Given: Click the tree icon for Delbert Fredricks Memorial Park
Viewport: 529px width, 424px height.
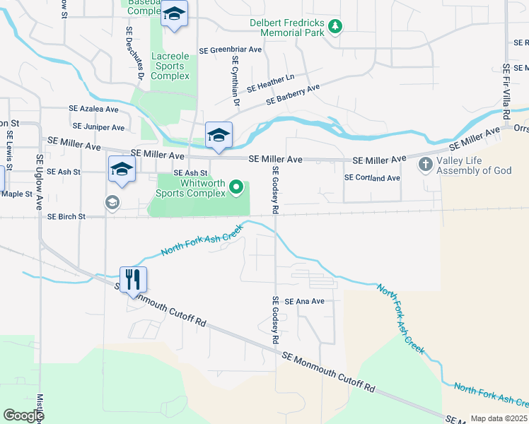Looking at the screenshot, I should [335, 28].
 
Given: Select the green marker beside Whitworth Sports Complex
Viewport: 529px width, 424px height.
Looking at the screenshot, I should [238, 188].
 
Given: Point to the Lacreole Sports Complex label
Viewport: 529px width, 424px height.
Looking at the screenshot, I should [170, 66].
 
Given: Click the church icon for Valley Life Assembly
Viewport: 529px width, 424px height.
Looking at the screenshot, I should [426, 165].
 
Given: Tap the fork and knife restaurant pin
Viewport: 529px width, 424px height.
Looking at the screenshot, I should [133, 280].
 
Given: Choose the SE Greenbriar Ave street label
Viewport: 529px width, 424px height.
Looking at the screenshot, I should [231, 50].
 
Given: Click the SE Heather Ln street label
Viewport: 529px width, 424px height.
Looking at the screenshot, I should [270, 83].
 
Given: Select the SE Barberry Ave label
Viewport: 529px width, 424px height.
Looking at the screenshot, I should [293, 95].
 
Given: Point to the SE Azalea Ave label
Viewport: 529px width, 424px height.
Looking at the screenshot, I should [93, 110].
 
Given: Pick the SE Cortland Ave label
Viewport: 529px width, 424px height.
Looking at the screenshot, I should [372, 177].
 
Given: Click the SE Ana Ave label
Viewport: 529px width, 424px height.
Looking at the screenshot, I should [304, 301].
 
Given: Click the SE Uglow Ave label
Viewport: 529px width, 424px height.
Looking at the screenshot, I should [40, 182].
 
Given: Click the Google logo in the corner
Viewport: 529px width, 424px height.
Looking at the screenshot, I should [23, 415].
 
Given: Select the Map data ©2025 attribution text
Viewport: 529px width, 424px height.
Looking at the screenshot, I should [499, 418].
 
